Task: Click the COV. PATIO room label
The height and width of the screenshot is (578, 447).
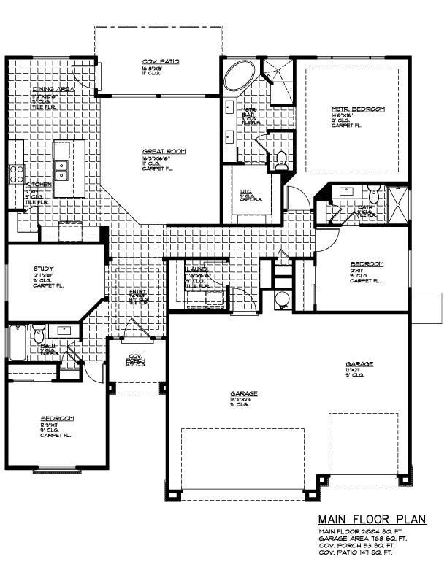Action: pos(160,62)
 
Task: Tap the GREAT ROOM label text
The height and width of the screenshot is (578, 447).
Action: pos(164,151)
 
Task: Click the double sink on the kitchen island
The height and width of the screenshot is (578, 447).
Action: pos(62,170)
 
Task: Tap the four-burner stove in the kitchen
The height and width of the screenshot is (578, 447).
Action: pos(16,174)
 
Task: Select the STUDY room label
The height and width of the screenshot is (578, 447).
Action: pos(43,269)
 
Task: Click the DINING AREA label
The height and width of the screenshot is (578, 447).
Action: pos(53,89)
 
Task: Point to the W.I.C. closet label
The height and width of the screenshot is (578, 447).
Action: pos(245,192)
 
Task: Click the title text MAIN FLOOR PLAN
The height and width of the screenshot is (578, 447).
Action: pos(371,519)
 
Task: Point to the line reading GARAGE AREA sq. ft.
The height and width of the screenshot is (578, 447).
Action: pos(362,538)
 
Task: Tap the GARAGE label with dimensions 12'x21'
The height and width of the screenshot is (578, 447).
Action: pos(359,363)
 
